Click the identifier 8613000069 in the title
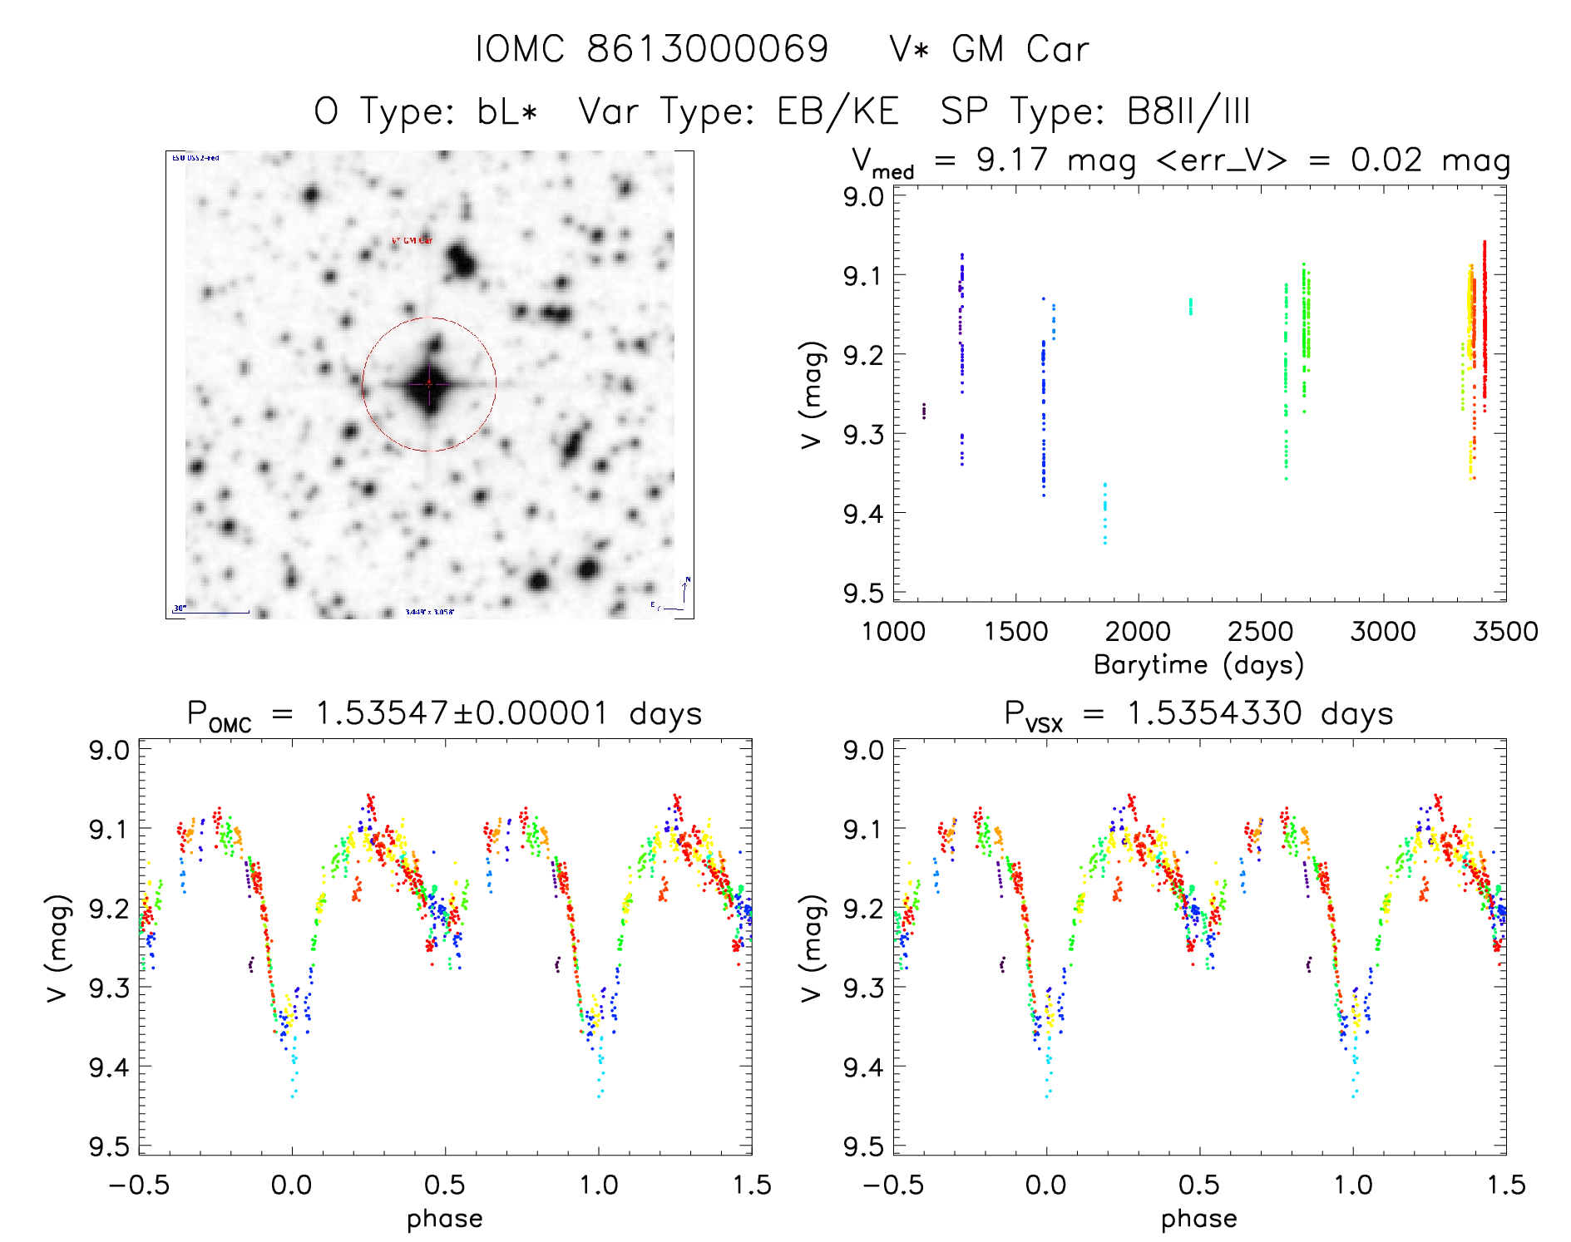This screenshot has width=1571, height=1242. [708, 49]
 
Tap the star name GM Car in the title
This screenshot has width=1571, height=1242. [1020, 49]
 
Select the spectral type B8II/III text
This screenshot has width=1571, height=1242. [1188, 111]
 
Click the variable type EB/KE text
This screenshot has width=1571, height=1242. [838, 111]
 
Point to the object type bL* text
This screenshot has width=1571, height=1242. [507, 111]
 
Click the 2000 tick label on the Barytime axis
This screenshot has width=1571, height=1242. [1137, 632]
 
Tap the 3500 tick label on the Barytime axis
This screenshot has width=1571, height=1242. [1504, 632]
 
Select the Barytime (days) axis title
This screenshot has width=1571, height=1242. [1198, 665]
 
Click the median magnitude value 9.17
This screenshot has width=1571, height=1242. [1012, 160]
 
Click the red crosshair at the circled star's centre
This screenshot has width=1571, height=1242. [429, 383]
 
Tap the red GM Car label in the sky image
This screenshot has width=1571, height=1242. [413, 241]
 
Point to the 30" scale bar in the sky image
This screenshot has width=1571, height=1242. [212, 612]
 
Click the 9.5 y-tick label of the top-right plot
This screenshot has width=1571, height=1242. [863, 594]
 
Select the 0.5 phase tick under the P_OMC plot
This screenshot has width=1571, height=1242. [445, 1185]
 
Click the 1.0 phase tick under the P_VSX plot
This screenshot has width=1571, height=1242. [1353, 1185]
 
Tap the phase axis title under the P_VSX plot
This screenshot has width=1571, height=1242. [1198, 1219]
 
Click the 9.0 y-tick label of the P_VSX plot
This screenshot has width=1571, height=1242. [863, 750]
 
